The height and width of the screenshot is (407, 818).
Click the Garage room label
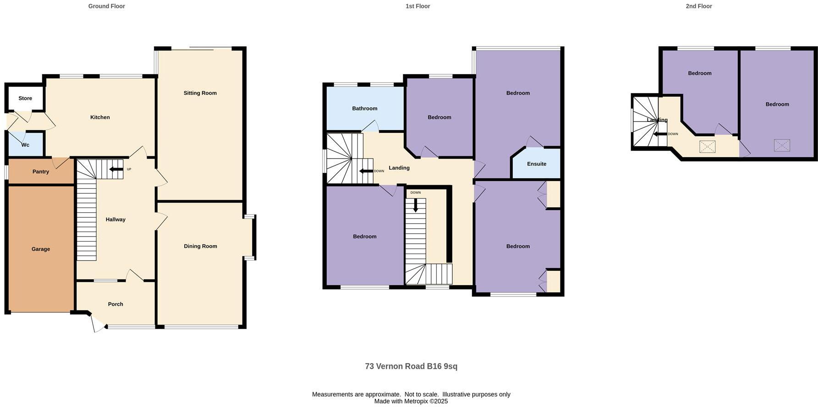[x=41, y=249]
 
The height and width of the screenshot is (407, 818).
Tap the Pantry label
[x=41, y=172]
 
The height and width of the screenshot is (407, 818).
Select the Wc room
[x=26, y=145]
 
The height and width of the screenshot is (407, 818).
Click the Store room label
[x=25, y=99]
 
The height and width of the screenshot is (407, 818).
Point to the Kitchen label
[x=100, y=117]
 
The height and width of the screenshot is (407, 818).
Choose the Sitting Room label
[x=200, y=93]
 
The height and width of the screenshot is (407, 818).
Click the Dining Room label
[x=200, y=246]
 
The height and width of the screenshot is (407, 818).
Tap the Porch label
[x=115, y=304]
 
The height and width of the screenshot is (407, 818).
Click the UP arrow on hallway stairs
[x=116, y=169]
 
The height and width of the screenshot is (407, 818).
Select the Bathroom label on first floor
[x=365, y=109]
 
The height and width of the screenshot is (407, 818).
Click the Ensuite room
[x=537, y=164]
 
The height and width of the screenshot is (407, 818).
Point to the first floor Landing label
[x=399, y=168]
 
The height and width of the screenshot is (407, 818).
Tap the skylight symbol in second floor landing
[x=707, y=147]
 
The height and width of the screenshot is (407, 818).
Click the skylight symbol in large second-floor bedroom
[x=782, y=145]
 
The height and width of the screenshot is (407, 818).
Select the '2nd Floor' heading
[x=699, y=6]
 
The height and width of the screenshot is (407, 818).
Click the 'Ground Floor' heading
[x=106, y=6]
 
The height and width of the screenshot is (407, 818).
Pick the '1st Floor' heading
[x=417, y=6]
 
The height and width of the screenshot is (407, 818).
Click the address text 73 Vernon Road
[x=411, y=366]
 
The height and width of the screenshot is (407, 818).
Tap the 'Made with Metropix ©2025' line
[x=411, y=401]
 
